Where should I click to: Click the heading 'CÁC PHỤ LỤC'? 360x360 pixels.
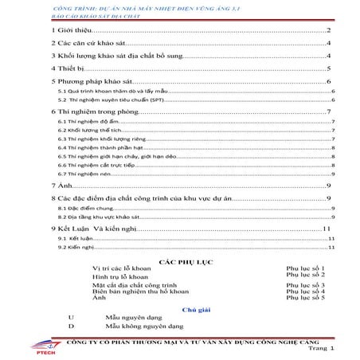[184, 260]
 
